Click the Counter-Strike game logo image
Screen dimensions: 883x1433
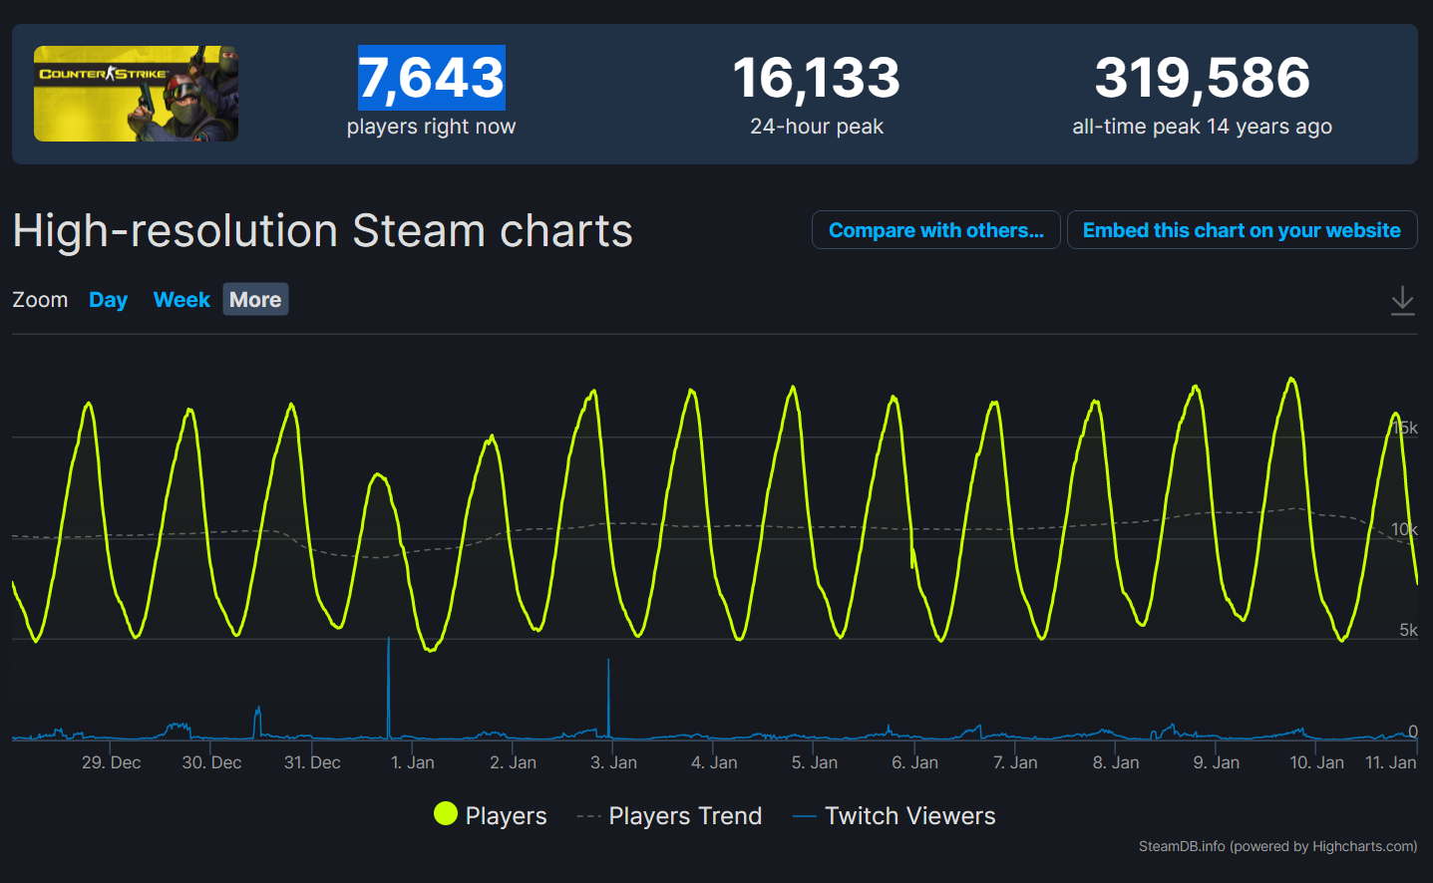136,94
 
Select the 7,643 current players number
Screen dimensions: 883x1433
431,78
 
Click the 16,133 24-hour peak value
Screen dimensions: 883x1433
816,78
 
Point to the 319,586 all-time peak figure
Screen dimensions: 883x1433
1202,78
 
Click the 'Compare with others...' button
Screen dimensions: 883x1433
935,230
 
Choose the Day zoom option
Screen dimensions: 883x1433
108,300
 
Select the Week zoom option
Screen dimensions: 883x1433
181,300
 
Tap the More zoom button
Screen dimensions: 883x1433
255,300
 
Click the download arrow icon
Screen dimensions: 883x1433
1402,300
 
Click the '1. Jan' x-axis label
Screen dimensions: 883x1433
412,762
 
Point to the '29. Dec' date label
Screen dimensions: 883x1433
111,762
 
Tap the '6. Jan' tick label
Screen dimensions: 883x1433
914,762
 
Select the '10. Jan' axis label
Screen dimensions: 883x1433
1316,762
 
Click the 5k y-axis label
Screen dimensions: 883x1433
1408,630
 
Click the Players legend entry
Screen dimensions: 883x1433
491,815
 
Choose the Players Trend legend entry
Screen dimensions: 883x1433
670,816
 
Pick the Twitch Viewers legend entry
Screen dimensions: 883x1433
895,816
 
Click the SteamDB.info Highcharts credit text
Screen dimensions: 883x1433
1277,846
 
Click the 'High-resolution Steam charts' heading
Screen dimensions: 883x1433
322,231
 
